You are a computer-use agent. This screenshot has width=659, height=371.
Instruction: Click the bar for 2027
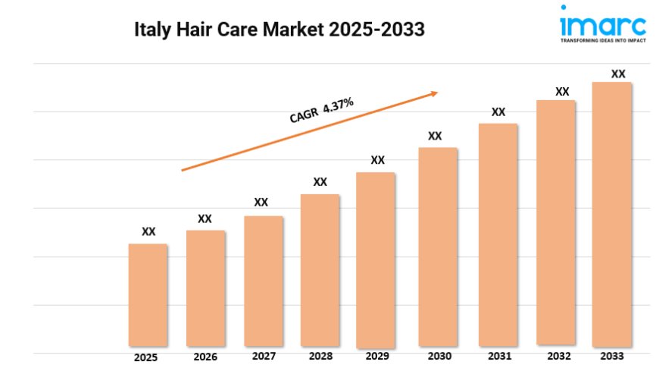[264, 281]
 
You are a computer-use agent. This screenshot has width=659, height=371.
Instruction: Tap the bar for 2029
[376, 259]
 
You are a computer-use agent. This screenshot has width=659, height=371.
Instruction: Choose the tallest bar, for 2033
[611, 213]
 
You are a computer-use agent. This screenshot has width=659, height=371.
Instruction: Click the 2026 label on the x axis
[205, 357]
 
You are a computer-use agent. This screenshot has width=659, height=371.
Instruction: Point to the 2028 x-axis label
[321, 356]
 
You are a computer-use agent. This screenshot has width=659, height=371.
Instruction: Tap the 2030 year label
[439, 356]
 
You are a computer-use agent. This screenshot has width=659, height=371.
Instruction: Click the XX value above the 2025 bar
[149, 231]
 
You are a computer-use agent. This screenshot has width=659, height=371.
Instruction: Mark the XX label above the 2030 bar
[435, 136]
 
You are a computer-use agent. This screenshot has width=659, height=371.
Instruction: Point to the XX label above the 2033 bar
[618, 74]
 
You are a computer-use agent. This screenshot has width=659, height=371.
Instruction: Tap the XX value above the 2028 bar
[320, 182]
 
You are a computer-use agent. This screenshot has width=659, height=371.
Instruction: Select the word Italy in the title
[151, 30]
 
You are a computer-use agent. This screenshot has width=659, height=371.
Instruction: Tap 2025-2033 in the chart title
[377, 30]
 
